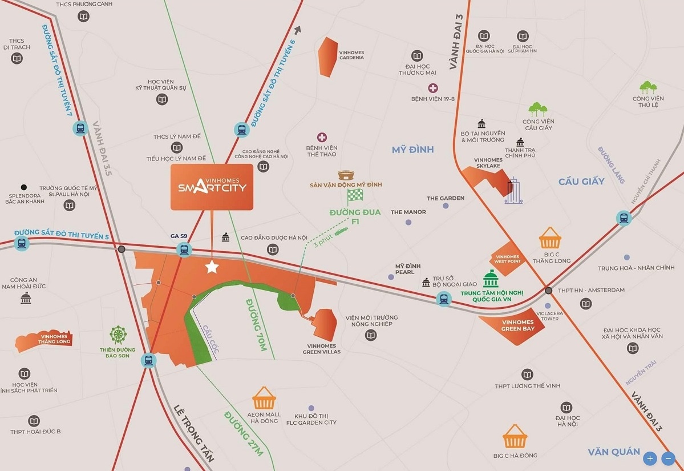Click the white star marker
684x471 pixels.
coord(212,267)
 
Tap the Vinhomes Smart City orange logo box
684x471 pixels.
coord(212,187)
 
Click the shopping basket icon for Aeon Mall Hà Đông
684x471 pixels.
coord(264,397)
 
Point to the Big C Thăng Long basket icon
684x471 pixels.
coord(550,237)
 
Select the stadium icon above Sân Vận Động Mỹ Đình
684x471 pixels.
coord(346,175)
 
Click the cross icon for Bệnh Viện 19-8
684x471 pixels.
coord(433,88)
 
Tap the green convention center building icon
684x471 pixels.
coord(491,279)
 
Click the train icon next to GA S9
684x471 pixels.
coord(184,249)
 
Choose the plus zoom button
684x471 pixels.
coord(650,458)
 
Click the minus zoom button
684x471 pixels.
coord(668,458)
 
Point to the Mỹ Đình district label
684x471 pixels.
coord(413,150)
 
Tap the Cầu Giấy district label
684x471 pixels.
coord(581,182)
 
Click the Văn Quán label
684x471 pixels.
coord(614,452)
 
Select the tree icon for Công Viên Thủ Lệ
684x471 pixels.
coord(648,87)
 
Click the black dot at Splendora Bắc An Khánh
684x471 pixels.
coord(23,187)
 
